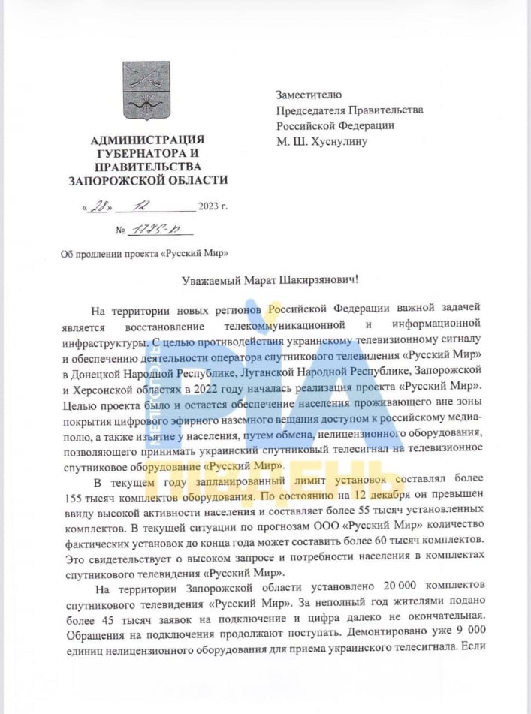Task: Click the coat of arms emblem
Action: (146, 92)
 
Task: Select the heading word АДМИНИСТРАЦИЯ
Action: (147, 140)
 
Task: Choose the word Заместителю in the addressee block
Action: (309, 95)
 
